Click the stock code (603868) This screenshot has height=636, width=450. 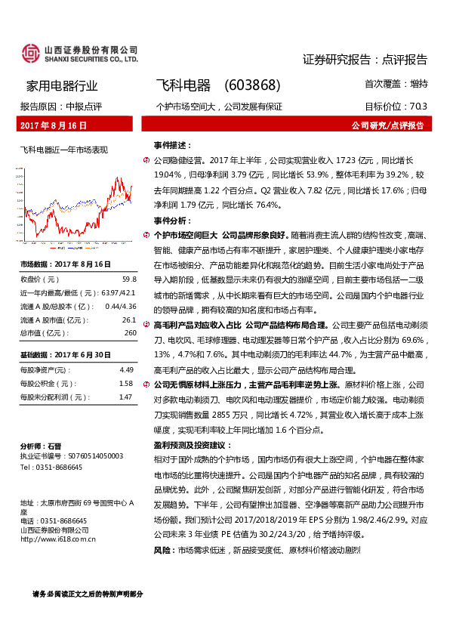tap(252, 85)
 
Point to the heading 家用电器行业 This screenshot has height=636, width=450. tap(62, 85)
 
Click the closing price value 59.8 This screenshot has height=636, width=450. tap(129, 279)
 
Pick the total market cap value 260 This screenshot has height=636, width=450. tap(130, 332)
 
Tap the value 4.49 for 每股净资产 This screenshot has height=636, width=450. tap(126, 369)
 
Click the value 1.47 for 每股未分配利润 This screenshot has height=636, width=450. tap(126, 397)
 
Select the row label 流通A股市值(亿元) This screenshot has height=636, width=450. tap(52, 320)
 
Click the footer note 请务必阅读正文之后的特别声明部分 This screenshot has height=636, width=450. tap(88, 594)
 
